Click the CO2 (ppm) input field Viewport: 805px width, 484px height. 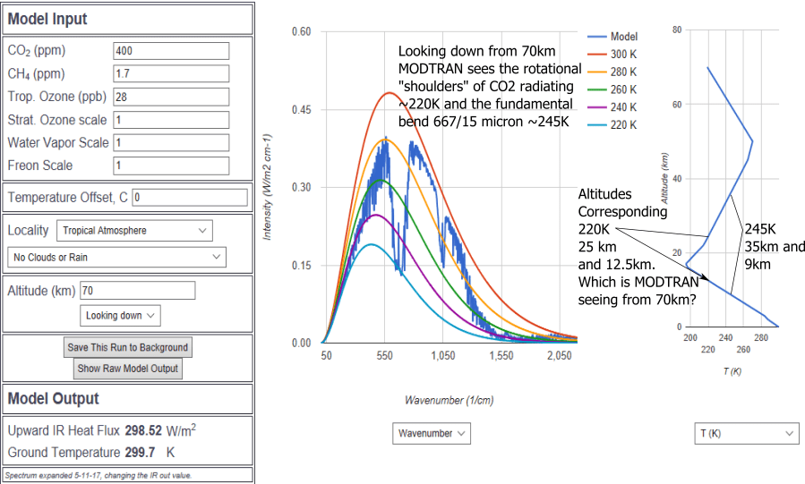[x=171, y=51]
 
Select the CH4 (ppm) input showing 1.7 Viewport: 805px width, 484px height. [x=171, y=74]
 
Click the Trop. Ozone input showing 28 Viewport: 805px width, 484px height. [x=171, y=97]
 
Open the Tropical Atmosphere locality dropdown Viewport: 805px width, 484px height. [x=134, y=231]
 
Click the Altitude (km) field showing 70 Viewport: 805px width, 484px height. [x=137, y=291]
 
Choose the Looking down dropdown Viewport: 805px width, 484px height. [x=122, y=316]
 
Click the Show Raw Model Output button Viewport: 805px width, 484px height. [x=128, y=369]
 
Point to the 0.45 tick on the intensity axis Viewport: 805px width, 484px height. [x=301, y=110]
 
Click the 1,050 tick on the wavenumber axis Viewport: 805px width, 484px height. [x=442, y=356]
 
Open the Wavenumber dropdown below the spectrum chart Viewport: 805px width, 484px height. [x=432, y=433]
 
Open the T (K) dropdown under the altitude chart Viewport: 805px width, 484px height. [x=746, y=433]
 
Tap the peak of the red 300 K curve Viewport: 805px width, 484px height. [x=389, y=92]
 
